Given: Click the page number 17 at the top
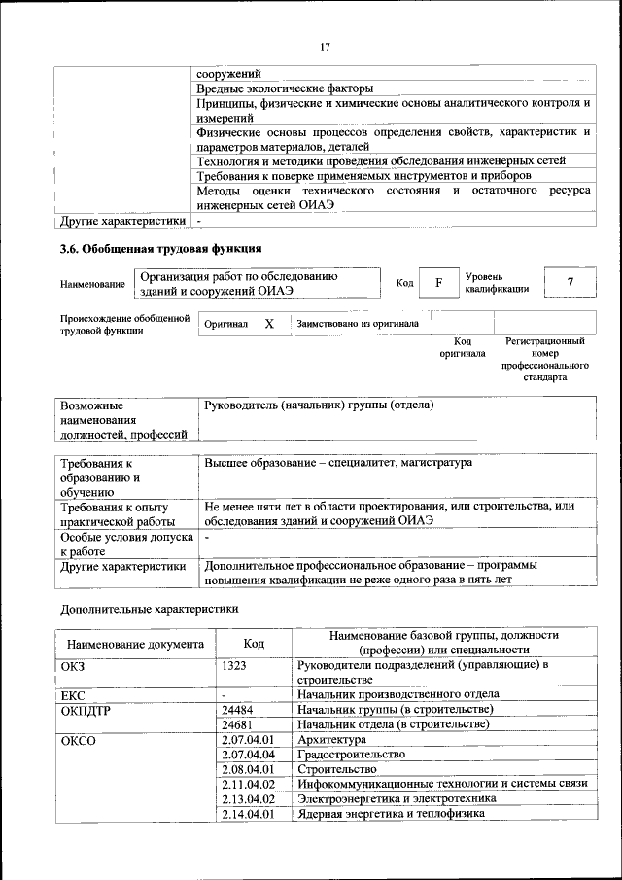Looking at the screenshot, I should click(x=325, y=46).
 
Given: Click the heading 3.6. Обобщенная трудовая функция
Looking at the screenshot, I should click(x=161, y=250).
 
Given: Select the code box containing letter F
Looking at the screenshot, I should click(x=438, y=283).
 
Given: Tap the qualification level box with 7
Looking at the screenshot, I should click(x=570, y=282).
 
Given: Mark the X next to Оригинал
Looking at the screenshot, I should click(x=269, y=323).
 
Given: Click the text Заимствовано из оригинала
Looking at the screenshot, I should click(x=358, y=323).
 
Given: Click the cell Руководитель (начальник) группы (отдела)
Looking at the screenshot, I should click(x=317, y=405).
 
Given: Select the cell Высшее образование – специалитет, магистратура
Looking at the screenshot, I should click(x=337, y=463).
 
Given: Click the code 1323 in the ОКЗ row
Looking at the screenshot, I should click(x=234, y=664).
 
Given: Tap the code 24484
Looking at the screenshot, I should click(x=238, y=710).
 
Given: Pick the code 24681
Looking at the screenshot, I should click(x=238, y=724).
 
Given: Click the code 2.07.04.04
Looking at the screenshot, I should click(x=249, y=755).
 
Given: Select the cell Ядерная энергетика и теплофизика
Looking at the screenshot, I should click(x=391, y=814).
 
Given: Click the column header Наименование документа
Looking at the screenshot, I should click(x=134, y=643).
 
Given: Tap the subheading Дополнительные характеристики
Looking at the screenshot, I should click(x=150, y=609).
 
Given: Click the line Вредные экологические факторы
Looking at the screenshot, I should click(x=285, y=88).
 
